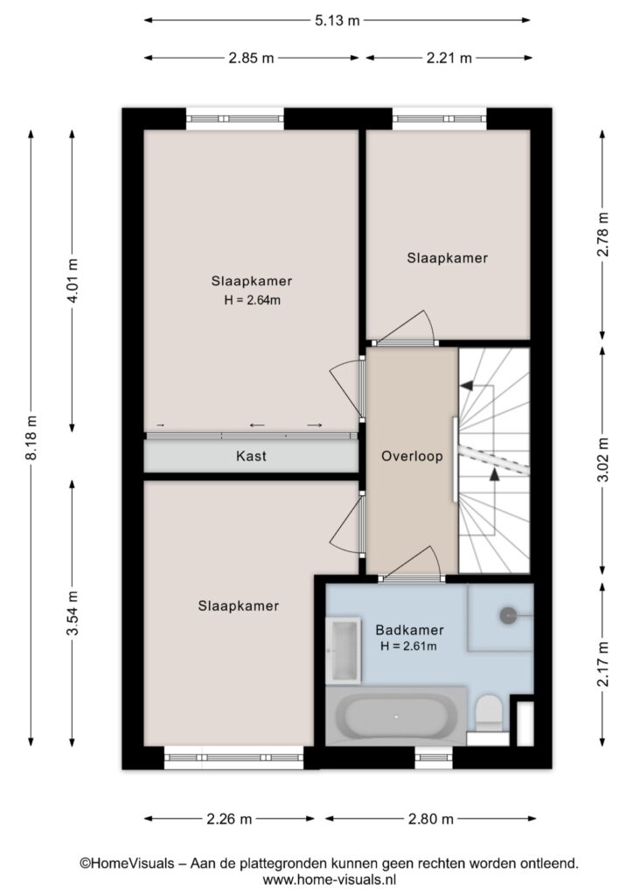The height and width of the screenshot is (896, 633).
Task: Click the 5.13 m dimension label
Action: [x=337, y=21]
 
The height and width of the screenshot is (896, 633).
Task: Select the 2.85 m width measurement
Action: [x=251, y=58]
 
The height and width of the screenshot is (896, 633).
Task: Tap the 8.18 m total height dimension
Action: [x=31, y=437]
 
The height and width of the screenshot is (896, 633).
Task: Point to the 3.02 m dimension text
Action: [x=602, y=459]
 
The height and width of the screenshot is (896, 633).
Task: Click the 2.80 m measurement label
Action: [x=430, y=819]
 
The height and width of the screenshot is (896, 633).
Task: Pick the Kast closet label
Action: [x=251, y=456]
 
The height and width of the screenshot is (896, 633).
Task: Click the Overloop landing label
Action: [x=412, y=456]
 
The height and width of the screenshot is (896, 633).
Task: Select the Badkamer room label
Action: [x=409, y=630]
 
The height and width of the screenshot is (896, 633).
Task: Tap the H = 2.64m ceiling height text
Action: [x=252, y=300]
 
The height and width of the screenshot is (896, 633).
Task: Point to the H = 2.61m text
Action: [x=408, y=647]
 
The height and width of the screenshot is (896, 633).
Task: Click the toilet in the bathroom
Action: [x=489, y=714]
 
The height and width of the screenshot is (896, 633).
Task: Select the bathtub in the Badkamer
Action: [x=396, y=716]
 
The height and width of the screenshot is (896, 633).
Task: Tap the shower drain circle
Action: [x=508, y=615]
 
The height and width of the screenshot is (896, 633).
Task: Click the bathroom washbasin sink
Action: [x=343, y=650]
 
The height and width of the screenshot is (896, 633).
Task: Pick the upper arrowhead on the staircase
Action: [x=466, y=386]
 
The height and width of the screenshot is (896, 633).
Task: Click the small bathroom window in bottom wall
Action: [x=434, y=758]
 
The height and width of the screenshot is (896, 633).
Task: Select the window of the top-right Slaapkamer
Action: [x=440, y=119]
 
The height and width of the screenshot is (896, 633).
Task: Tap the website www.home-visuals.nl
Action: [x=330, y=879]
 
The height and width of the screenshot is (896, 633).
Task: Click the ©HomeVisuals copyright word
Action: [x=127, y=863]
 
